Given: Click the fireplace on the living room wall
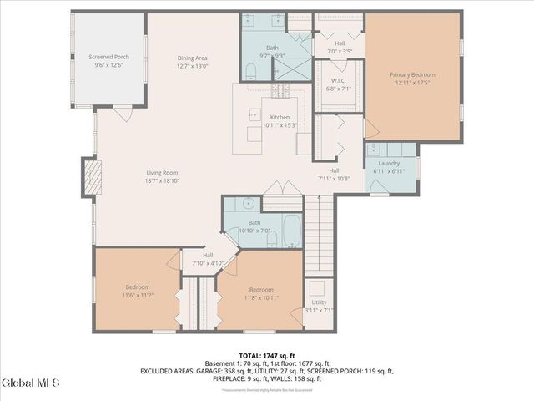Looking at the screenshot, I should coord(93,176).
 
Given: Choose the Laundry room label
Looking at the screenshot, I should coord(389,164).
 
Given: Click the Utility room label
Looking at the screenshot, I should coord(319,302).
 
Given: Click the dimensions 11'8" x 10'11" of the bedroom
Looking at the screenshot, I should coord(260,298).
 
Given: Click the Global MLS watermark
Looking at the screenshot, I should coord(30,383).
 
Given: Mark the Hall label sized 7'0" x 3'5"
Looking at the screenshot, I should coord(340,48).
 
